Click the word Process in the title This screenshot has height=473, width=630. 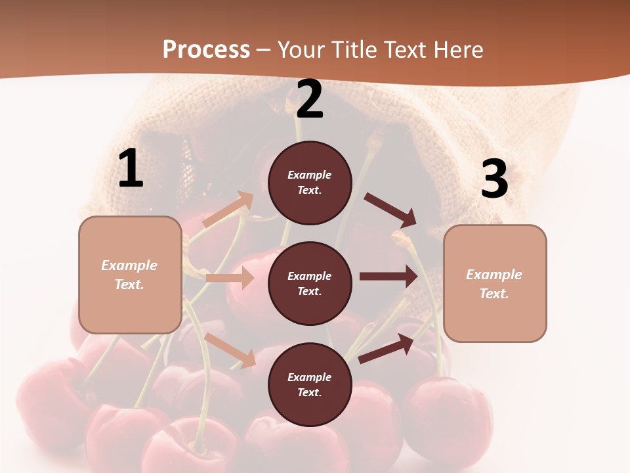tap(206, 49)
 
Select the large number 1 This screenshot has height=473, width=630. tap(131, 168)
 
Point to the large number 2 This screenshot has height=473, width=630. tap(310, 99)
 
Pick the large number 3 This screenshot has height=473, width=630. tap(494, 179)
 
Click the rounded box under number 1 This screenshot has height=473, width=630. tap(130, 275)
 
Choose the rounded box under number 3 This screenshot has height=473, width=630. tap(495, 284)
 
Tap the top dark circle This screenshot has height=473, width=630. tap(310, 183)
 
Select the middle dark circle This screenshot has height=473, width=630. tap(310, 283)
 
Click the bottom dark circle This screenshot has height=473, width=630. tap(310, 384)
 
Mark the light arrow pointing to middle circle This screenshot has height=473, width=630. tap(230, 278)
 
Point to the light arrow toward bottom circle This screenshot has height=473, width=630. tap(230, 350)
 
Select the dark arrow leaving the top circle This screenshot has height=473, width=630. tap(390, 210)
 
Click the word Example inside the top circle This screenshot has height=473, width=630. tap(310, 175)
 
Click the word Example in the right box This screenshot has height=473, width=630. tap(494, 275)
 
